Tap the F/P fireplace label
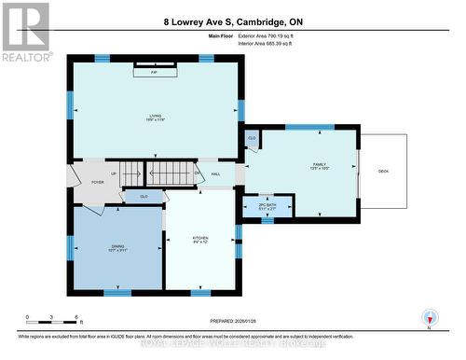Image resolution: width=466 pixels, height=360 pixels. coord(154,72)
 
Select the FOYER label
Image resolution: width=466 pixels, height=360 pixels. coord(97,183)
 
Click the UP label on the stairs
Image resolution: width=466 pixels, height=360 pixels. coord(115,173)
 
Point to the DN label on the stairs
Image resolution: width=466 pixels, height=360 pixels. coord(198,174)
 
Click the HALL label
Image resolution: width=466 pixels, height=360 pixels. coord(215,174)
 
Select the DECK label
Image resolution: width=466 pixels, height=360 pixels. coord(383,172)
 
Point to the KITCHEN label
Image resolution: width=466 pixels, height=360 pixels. coord(200,239)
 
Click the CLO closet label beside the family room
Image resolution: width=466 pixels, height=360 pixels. coord(252,139)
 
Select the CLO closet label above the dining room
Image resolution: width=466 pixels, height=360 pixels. coord(144,197)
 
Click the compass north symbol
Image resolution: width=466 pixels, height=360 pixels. coord(429,316)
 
